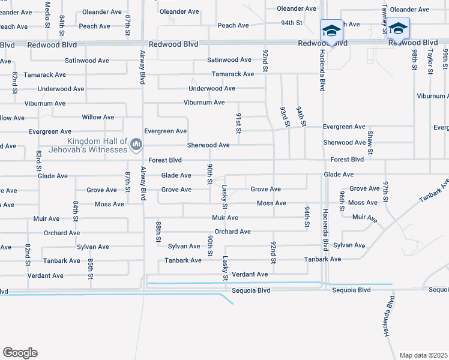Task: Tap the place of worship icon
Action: point(136,143)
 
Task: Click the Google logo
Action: point(20,353)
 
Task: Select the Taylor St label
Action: point(430,62)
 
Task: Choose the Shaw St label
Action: point(370,143)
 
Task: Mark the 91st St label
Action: point(238,122)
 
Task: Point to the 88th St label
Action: point(159,231)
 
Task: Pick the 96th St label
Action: point(342,196)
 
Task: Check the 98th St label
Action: point(414,60)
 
